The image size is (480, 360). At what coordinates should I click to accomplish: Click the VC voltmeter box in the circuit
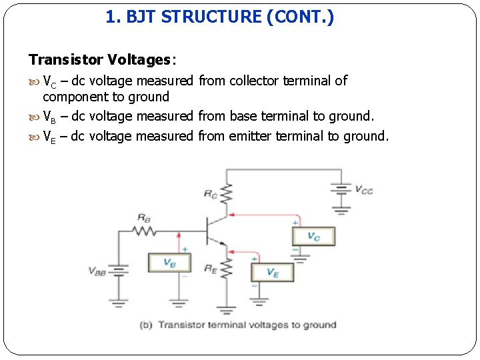pos(313,236)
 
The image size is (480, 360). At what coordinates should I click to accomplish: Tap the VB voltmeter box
pos(169,263)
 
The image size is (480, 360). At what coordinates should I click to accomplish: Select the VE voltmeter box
pos(272,272)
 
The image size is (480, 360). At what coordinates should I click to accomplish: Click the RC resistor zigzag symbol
pos(228,194)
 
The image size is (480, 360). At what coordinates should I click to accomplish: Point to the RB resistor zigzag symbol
pos(143,231)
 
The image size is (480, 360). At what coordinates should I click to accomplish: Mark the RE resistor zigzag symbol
pos(228,269)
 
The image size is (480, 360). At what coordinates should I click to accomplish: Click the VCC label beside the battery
pos(364,191)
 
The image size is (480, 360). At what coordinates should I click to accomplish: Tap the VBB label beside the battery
pos(97,271)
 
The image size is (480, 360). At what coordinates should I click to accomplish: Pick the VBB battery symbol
pos(119,271)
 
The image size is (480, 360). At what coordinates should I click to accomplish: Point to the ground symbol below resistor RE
pos(228,309)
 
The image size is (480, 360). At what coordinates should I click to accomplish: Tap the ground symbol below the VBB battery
pos(119,303)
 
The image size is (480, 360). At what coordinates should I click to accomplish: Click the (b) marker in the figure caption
pos(146,325)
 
